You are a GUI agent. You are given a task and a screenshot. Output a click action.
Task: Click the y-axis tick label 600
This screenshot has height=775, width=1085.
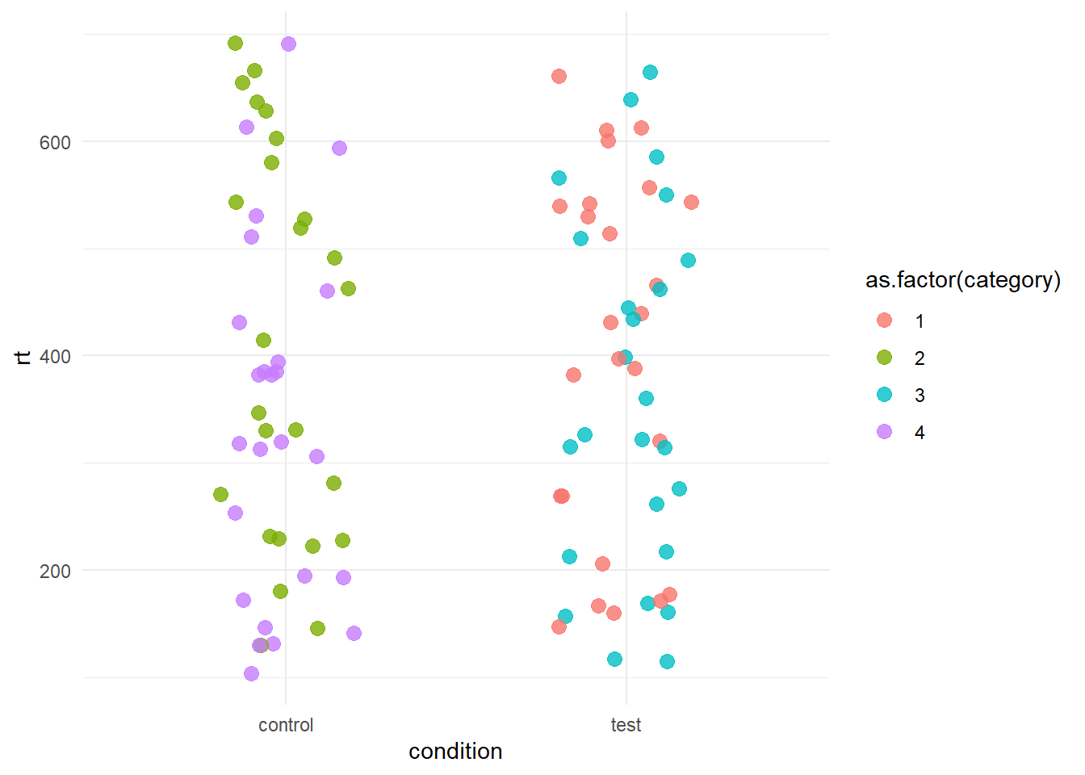click(55, 142)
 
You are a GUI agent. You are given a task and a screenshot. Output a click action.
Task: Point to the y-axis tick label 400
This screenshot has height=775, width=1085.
click(55, 356)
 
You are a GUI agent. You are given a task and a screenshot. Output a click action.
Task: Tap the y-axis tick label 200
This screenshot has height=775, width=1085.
click(55, 571)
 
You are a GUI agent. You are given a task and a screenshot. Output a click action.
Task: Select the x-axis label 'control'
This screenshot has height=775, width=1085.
click(286, 725)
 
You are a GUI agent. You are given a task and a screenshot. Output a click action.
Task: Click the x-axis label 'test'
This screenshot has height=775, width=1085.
click(626, 725)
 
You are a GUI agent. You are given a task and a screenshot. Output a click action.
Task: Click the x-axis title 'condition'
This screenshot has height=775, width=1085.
click(455, 752)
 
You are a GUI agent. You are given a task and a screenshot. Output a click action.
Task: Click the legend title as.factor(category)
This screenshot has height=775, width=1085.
click(962, 280)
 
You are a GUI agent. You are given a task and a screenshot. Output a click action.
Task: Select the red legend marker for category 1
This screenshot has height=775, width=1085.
click(885, 320)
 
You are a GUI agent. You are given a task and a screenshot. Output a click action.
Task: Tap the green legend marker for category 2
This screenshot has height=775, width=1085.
click(885, 358)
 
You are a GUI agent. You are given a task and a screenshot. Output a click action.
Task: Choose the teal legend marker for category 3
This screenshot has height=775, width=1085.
click(885, 395)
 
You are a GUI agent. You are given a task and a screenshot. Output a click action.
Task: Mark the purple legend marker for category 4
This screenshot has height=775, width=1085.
click(885, 432)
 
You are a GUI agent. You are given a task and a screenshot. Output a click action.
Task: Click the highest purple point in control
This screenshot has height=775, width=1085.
click(288, 44)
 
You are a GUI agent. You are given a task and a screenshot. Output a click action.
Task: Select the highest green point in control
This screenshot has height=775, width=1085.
click(235, 43)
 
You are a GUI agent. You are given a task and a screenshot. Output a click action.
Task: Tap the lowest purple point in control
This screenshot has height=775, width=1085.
click(251, 673)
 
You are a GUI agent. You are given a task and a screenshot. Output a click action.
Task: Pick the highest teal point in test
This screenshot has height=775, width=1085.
click(650, 73)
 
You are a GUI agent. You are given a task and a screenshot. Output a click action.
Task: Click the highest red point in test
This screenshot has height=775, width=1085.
click(559, 76)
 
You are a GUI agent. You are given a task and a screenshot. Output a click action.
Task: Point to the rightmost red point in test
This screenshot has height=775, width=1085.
click(691, 202)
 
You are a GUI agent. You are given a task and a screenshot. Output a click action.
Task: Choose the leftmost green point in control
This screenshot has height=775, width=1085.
click(220, 494)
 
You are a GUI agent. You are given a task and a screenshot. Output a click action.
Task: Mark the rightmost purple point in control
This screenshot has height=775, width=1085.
click(354, 633)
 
